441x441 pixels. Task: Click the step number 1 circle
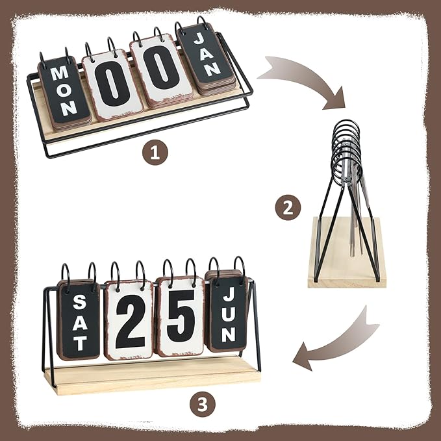point(155,152)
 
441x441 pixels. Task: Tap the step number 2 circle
point(288,208)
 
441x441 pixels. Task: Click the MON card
point(64,90)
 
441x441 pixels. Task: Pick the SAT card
point(79,321)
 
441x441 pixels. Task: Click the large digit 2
point(130,322)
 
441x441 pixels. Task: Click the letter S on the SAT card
point(80,302)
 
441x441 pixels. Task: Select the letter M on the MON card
point(60,73)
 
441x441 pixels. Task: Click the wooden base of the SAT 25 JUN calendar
point(152,376)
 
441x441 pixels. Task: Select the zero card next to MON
point(113,84)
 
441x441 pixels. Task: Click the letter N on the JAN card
point(212,69)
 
